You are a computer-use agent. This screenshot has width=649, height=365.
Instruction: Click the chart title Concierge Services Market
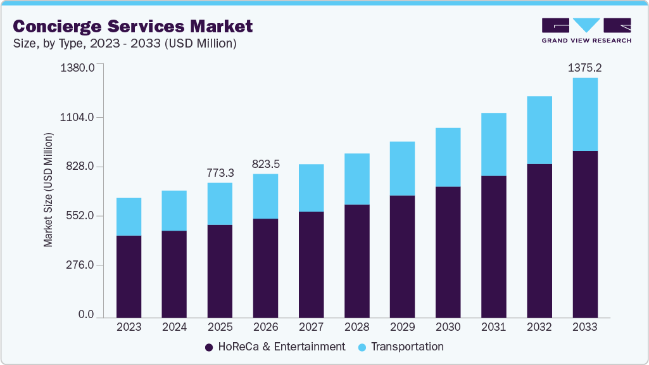tap(132, 26)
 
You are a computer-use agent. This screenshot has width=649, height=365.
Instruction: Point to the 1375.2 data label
tap(584, 67)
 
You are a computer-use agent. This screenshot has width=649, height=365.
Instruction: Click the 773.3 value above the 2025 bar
tap(220, 172)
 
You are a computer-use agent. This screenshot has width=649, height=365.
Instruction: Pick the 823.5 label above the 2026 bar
tap(265, 163)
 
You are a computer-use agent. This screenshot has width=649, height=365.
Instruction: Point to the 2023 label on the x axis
tap(129, 327)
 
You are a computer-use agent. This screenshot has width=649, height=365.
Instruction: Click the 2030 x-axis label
tap(448, 327)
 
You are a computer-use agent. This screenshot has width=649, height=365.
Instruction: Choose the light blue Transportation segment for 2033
tap(584, 114)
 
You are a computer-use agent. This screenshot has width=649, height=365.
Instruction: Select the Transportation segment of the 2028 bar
tap(356, 179)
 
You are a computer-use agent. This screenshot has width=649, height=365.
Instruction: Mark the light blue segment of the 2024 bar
tap(174, 210)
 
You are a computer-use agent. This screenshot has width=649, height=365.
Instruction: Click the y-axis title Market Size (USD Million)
tap(49, 190)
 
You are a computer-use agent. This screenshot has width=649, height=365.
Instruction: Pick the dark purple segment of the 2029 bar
tap(402, 256)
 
